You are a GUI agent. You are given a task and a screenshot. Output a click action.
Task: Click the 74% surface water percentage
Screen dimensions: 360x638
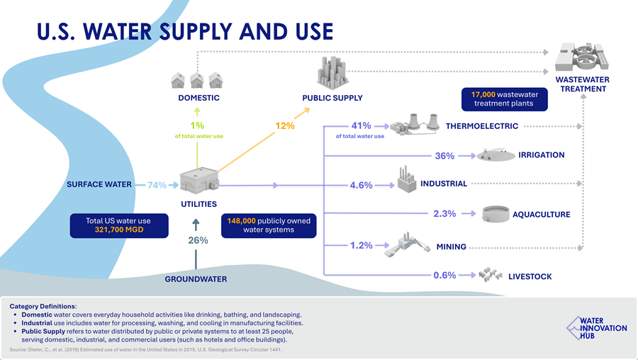(x=157, y=186)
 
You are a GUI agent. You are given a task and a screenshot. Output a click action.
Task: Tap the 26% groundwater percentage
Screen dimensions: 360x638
(x=198, y=240)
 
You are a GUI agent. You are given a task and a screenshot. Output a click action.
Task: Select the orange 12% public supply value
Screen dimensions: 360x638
(x=285, y=126)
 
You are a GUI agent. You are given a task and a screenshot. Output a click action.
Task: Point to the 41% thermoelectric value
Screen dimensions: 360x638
(x=362, y=126)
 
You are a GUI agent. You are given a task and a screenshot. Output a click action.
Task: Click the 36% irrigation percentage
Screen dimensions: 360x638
(x=444, y=156)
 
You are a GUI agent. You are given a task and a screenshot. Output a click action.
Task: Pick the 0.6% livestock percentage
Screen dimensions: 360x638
(x=444, y=276)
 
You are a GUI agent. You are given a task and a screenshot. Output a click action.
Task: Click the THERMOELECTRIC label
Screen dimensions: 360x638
(x=481, y=126)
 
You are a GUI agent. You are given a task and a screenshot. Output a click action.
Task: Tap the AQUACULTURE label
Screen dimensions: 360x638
(x=541, y=214)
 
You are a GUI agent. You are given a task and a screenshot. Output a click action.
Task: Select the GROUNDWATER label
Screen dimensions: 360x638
(x=196, y=279)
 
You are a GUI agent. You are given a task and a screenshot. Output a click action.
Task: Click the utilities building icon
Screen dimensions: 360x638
(x=198, y=181)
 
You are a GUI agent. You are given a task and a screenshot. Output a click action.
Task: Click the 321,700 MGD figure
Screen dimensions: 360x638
(x=118, y=230)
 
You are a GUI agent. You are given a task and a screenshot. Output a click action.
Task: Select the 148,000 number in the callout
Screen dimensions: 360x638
(x=242, y=221)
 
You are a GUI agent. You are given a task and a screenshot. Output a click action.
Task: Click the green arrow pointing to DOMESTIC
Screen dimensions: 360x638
(x=198, y=111)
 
